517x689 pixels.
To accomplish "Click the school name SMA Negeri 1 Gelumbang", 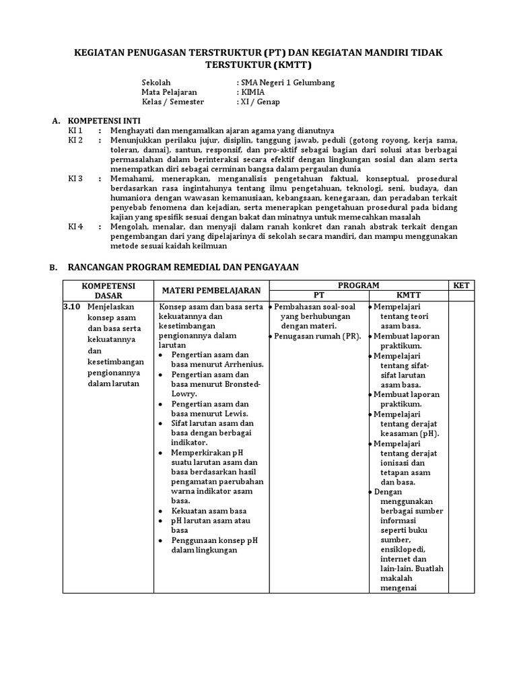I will [x=287, y=83].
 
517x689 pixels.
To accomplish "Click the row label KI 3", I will [x=75, y=179].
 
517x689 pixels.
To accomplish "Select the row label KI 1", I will [x=75, y=131].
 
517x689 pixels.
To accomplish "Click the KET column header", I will [x=461, y=285].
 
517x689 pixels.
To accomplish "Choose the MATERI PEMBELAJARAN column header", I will [x=211, y=290].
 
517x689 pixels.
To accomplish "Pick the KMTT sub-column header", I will [x=408, y=295].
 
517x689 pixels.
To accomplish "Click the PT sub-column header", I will [x=318, y=295].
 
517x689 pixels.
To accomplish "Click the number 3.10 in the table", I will [x=71, y=307].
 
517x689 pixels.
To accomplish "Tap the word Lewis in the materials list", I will [x=234, y=413].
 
